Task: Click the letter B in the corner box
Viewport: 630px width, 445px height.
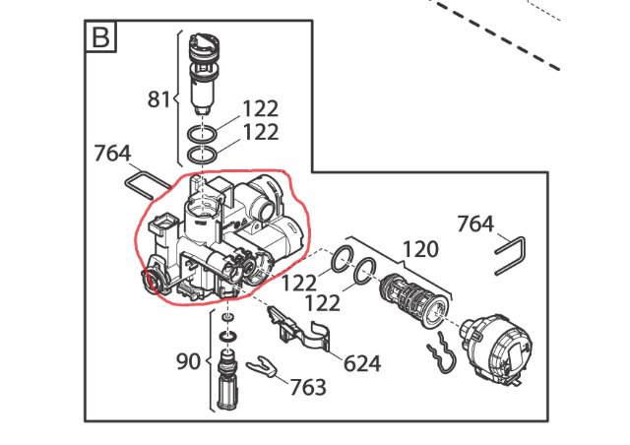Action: (100, 37)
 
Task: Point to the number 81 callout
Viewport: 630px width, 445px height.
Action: (159, 98)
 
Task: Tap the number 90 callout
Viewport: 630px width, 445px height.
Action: (188, 361)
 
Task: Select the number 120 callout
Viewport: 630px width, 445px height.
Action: (420, 249)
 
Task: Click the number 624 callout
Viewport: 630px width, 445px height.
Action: (362, 364)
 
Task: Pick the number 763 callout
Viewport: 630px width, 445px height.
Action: (308, 387)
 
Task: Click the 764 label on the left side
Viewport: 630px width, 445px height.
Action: (112, 154)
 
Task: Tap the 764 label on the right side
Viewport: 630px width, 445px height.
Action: (475, 223)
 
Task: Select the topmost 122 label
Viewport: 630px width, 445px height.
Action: (261, 108)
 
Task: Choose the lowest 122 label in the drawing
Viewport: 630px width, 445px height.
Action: (323, 302)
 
